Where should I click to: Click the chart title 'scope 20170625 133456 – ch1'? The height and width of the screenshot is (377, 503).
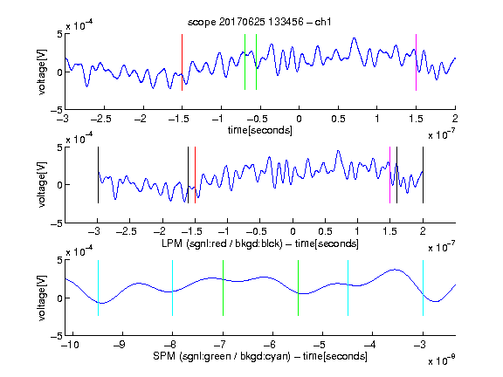click(x=259, y=22)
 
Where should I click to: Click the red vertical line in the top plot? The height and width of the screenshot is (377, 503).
click(x=182, y=62)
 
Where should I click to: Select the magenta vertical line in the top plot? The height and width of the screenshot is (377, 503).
click(x=416, y=62)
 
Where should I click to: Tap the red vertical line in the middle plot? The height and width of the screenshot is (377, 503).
click(x=195, y=175)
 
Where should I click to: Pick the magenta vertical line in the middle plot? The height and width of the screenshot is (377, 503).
click(x=389, y=175)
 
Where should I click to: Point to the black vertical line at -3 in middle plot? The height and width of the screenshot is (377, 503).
click(x=98, y=175)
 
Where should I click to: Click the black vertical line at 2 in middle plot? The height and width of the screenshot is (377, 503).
click(x=423, y=175)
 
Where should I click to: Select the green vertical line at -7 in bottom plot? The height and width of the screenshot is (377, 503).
click(x=223, y=288)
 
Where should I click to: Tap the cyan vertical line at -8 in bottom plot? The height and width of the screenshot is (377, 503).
click(x=173, y=288)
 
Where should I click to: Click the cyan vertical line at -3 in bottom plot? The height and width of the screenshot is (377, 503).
click(x=423, y=288)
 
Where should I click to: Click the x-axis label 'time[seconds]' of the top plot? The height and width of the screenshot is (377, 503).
click(x=260, y=130)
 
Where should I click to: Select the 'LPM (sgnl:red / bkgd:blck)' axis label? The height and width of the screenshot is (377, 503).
click(x=222, y=243)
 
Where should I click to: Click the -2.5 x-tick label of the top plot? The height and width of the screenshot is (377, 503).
click(x=100, y=119)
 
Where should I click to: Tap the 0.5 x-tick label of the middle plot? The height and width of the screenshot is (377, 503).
click(x=325, y=231)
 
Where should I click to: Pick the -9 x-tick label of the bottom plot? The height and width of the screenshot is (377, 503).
click(x=120, y=345)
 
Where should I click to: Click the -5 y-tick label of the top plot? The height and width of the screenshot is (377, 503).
click(x=57, y=110)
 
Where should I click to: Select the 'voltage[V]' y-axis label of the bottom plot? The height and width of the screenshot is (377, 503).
click(x=42, y=298)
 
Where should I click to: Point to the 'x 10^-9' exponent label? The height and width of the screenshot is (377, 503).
click(x=442, y=360)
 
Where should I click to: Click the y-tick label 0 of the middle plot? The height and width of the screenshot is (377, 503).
click(x=59, y=185)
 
